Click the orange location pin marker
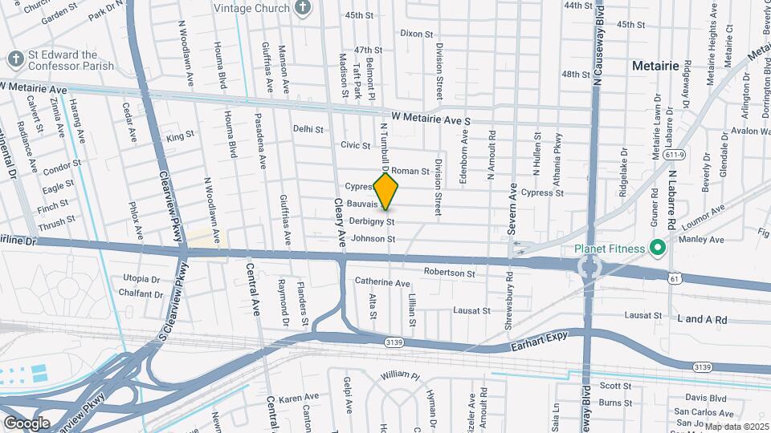(386, 191)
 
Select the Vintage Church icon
(303, 9)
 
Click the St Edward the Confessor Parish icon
(14, 59)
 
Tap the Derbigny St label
(372, 221)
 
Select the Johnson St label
(373, 239)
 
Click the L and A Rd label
(702, 319)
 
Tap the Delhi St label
(308, 128)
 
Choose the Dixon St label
(416, 34)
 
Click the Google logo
(27, 423)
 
